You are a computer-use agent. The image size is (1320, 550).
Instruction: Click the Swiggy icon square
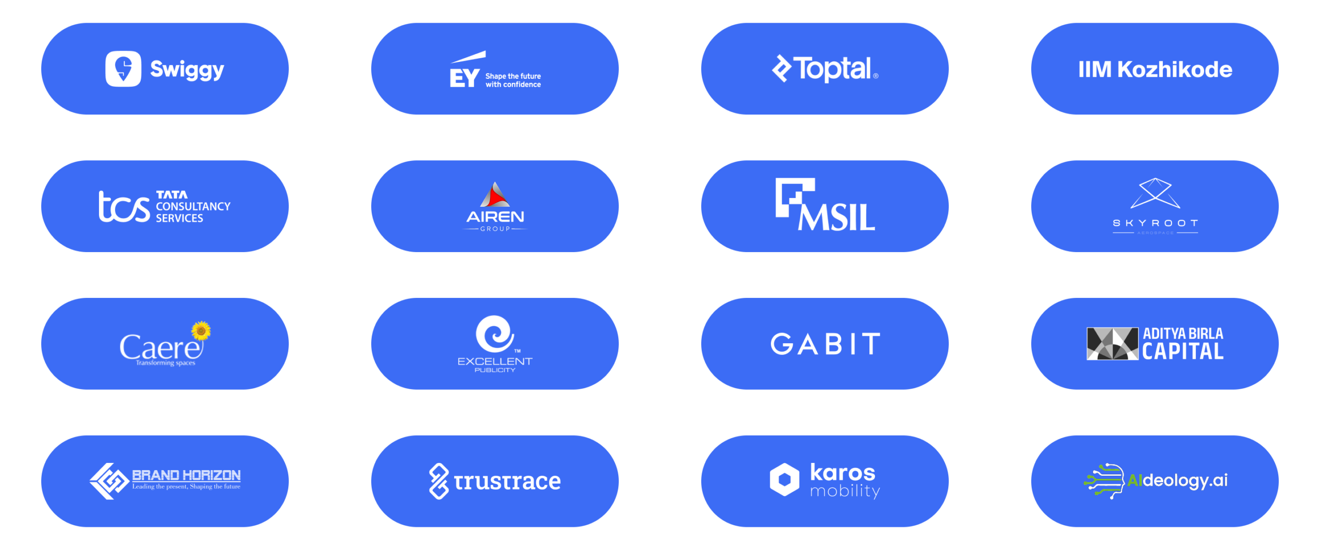coord(123,69)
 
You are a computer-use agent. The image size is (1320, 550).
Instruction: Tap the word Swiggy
coord(187,70)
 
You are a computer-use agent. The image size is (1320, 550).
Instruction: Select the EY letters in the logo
coord(464,78)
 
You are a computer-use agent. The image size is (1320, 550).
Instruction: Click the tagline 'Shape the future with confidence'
coord(513,80)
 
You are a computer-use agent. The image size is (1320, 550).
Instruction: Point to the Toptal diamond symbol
coord(781,69)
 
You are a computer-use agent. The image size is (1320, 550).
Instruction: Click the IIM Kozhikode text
coord(1155,70)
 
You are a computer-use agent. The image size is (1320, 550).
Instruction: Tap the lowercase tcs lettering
coord(124,207)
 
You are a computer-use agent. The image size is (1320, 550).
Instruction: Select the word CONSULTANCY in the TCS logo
coord(193,206)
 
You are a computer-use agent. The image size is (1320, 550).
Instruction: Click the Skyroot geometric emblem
coord(1155,193)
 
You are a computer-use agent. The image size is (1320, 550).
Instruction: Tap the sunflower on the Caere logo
coord(201,330)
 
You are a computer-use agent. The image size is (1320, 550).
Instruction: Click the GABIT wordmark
coord(825,344)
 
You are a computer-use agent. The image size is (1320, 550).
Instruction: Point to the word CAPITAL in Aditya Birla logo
coord(1182,352)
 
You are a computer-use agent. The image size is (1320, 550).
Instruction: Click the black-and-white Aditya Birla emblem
coord(1112,343)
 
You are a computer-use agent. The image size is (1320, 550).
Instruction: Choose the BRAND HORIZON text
coord(186,475)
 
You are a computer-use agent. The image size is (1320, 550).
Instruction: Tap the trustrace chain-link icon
coord(439,481)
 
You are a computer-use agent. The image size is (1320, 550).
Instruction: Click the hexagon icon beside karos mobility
coord(784,479)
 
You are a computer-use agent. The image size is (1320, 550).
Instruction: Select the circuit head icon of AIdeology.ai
coord(1105,480)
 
